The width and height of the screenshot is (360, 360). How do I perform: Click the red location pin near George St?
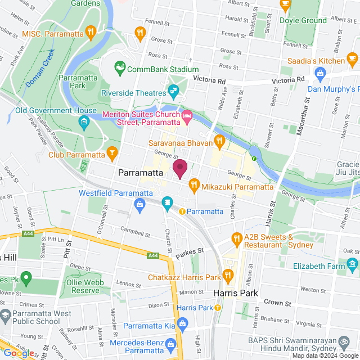click(180, 168)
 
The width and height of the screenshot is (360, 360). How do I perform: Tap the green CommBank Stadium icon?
click(119, 69)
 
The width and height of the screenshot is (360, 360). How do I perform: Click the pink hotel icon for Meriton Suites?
click(187, 116)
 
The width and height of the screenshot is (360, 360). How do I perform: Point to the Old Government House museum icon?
click(84, 121)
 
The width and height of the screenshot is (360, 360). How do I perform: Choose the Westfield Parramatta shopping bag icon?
click(139, 206)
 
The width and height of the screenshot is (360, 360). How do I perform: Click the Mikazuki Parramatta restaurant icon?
click(194, 183)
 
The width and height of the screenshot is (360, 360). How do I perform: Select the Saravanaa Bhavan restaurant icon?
click(219, 140)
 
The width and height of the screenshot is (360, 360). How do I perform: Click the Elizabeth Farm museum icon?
click(352, 264)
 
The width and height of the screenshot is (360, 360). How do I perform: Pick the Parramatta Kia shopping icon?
click(182, 324)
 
